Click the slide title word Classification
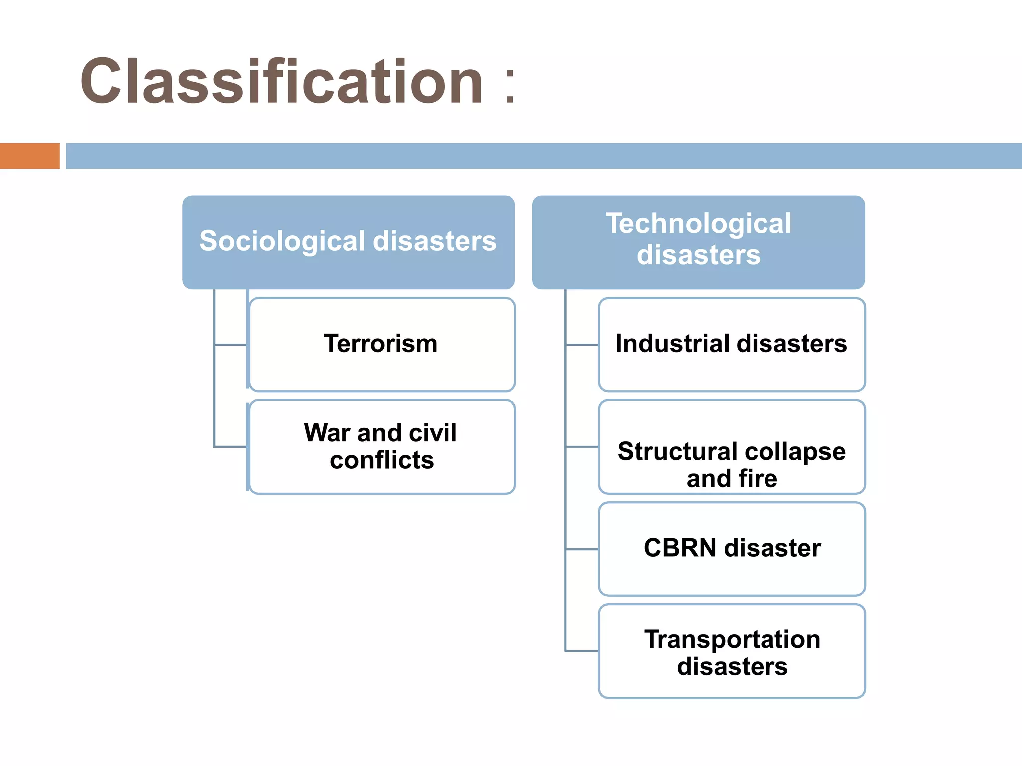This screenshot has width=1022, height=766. point(281,81)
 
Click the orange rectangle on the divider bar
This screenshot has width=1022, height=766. point(29,156)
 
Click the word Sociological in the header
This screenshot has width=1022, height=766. point(282,241)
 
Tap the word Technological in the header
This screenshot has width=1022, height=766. point(699,223)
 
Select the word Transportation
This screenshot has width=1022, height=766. point(732,639)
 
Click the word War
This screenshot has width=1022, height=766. point(327,432)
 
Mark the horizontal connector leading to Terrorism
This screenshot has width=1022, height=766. point(231,345)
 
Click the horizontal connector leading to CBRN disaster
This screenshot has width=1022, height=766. point(582,549)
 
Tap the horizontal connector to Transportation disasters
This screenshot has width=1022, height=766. point(582,651)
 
